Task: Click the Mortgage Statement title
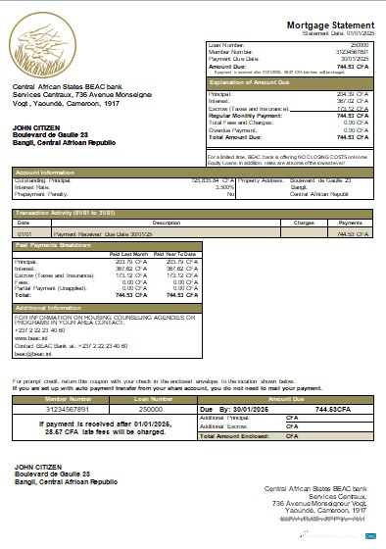[x=329, y=24]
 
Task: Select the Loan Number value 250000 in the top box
[x=360, y=45]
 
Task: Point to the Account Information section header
[x=44, y=171]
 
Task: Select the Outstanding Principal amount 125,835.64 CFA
[x=212, y=179]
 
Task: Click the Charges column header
[x=302, y=223]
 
